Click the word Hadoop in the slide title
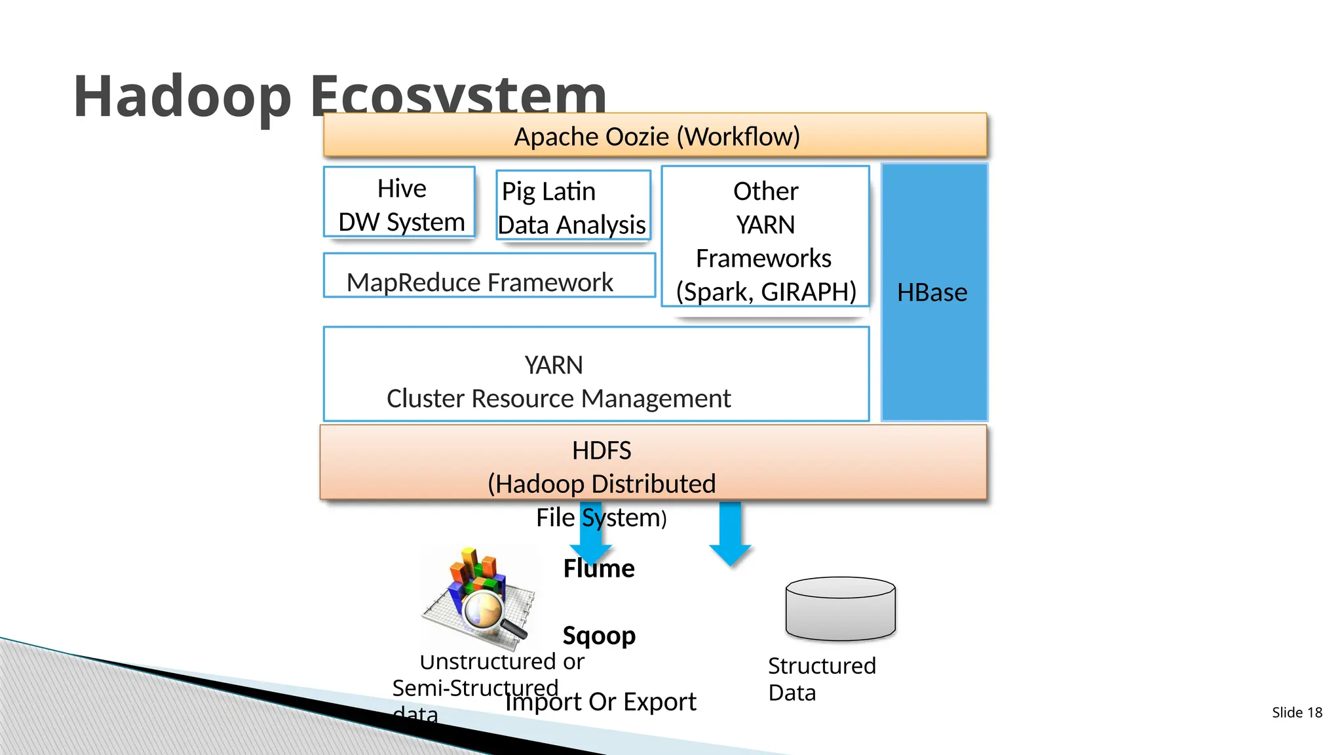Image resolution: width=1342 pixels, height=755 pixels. (182, 96)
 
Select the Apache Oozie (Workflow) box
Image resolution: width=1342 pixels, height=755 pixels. (655, 136)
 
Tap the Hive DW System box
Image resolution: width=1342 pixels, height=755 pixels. (400, 203)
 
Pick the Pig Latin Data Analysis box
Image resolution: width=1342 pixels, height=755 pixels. (573, 206)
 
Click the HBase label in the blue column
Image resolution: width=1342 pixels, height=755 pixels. (931, 292)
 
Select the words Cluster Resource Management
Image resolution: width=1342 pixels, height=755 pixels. (558, 398)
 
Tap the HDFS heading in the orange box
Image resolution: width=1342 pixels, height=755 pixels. (601, 451)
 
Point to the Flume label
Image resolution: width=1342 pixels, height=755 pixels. (598, 568)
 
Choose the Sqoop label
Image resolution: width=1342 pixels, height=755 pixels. (599, 635)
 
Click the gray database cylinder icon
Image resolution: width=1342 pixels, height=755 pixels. (840, 609)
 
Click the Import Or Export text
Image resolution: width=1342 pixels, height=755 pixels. (600, 702)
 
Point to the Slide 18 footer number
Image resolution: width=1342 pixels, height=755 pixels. (1297, 712)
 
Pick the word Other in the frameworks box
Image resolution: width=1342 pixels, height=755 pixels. (765, 191)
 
